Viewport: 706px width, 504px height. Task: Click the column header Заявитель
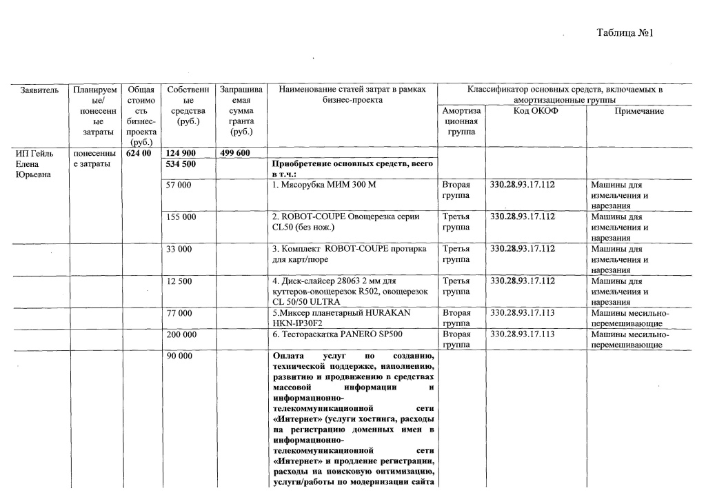pyautogui.click(x=39, y=90)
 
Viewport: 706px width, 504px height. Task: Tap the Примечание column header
pyautogui.click(x=639, y=111)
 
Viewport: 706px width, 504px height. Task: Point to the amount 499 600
pyautogui.click(x=234, y=153)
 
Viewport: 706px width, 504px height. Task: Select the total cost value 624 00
pyautogui.click(x=139, y=153)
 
